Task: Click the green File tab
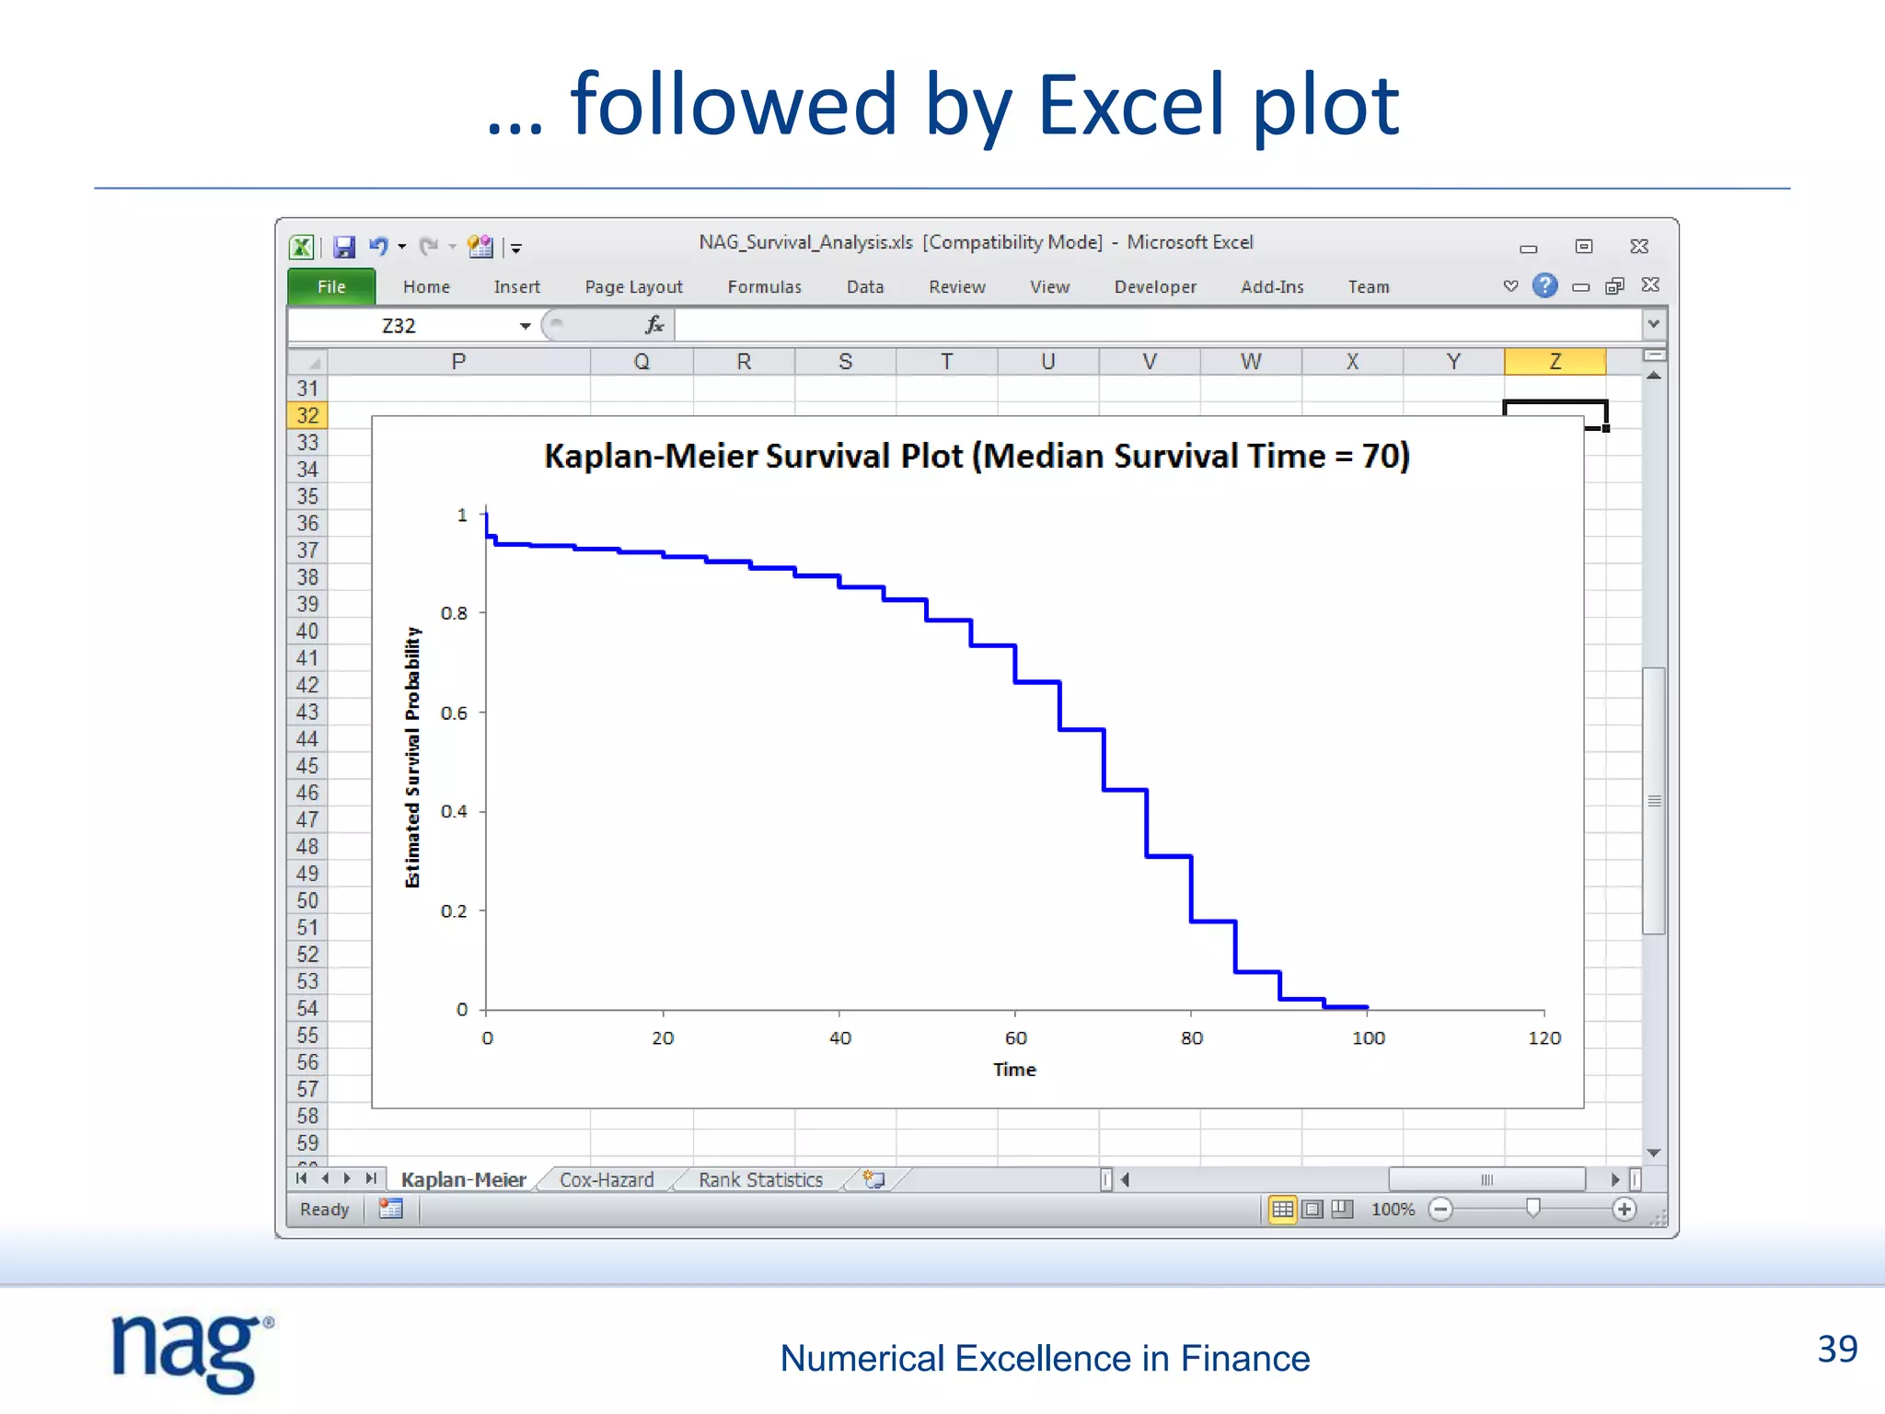pyautogui.click(x=331, y=286)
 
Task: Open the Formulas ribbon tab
pyautogui.click(x=764, y=287)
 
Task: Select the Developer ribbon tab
pyautogui.click(x=1155, y=287)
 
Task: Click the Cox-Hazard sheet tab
pyautogui.click(x=607, y=1180)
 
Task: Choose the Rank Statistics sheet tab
pyautogui.click(x=760, y=1180)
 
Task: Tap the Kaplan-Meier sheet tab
pyautogui.click(x=463, y=1180)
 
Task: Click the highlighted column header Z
pyautogui.click(x=1555, y=362)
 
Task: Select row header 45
pyautogui.click(x=307, y=766)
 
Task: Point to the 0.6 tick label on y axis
pyautogui.click(x=454, y=713)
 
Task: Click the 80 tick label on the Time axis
pyautogui.click(x=1192, y=1038)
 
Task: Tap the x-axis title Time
pyautogui.click(x=1014, y=1070)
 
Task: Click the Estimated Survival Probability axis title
pyautogui.click(x=412, y=757)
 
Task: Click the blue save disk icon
pyautogui.click(x=344, y=247)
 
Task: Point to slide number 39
pyautogui.click(x=1837, y=1350)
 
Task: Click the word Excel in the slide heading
pyautogui.click(x=1131, y=105)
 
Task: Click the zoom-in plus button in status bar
pyautogui.click(x=1625, y=1210)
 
